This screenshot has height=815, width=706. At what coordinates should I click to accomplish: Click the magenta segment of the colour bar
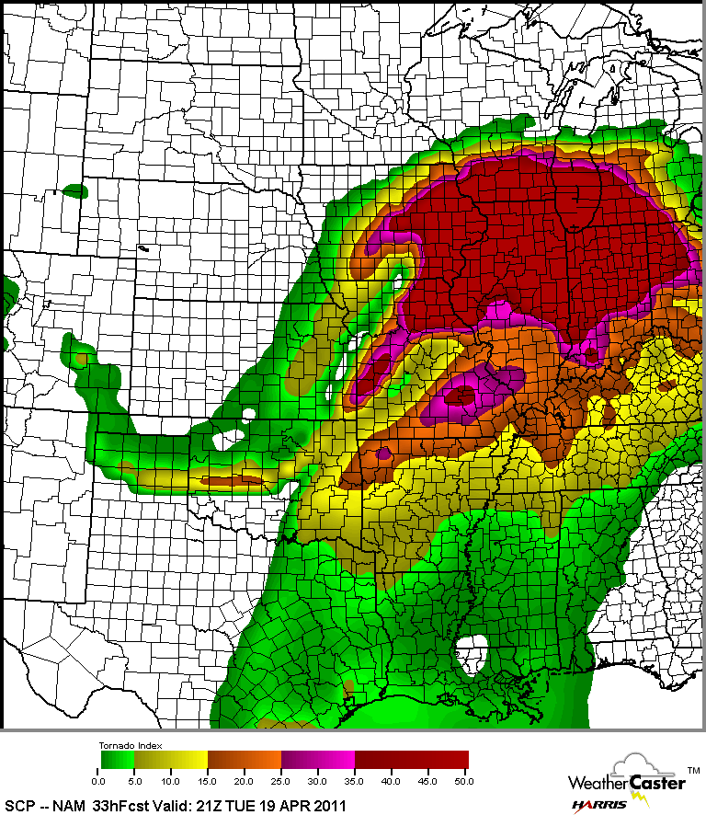tap(317, 760)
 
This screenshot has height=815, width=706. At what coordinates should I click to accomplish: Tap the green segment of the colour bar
tap(117, 760)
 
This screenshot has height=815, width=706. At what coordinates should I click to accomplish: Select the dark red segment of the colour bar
tap(411, 760)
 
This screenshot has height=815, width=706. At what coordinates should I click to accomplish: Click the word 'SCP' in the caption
tap(19, 805)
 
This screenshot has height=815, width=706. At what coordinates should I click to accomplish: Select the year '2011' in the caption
tap(327, 805)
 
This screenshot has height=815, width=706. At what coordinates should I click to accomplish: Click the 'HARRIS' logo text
tap(598, 805)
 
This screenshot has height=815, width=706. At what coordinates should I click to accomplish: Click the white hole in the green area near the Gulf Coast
tap(477, 647)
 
